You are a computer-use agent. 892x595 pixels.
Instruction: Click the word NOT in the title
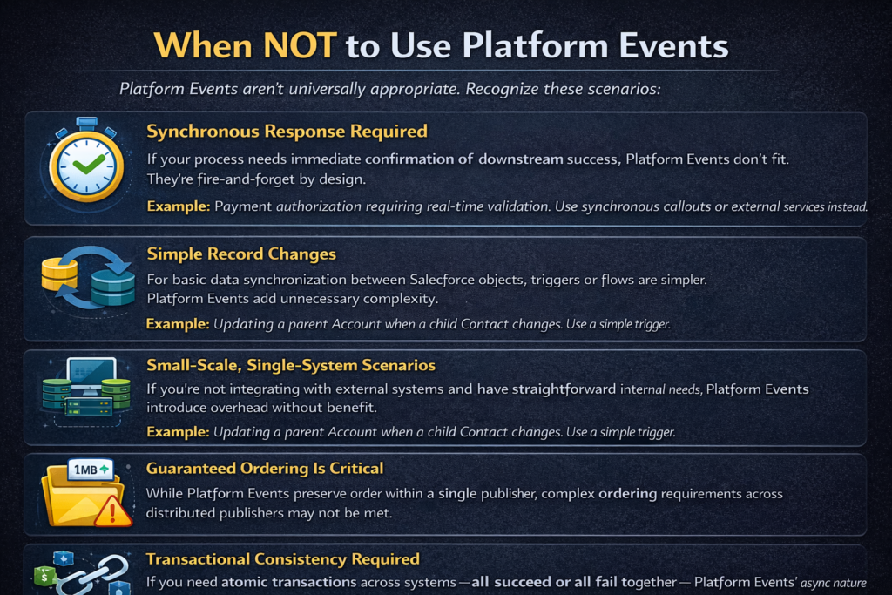click(x=300, y=45)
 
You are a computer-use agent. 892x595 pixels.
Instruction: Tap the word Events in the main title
click(x=673, y=45)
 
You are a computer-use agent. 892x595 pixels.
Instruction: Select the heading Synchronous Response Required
click(x=287, y=132)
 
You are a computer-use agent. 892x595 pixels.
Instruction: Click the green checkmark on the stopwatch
click(x=88, y=165)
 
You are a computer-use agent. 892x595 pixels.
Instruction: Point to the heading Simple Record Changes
click(x=241, y=254)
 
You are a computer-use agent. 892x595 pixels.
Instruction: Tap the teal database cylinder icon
click(x=113, y=287)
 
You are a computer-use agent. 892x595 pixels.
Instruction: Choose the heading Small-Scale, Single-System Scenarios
click(x=291, y=365)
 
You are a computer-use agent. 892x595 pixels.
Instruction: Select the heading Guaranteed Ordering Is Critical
click(x=265, y=468)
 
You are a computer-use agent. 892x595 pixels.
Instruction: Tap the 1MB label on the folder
click(x=91, y=470)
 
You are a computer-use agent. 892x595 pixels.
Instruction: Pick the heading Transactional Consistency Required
click(x=283, y=559)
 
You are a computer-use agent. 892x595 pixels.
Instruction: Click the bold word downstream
click(x=521, y=159)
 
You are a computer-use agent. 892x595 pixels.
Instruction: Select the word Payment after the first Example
click(x=243, y=206)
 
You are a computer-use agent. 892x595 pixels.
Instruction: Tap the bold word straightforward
click(x=564, y=389)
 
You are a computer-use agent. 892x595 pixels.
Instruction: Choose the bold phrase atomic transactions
click(x=289, y=582)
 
